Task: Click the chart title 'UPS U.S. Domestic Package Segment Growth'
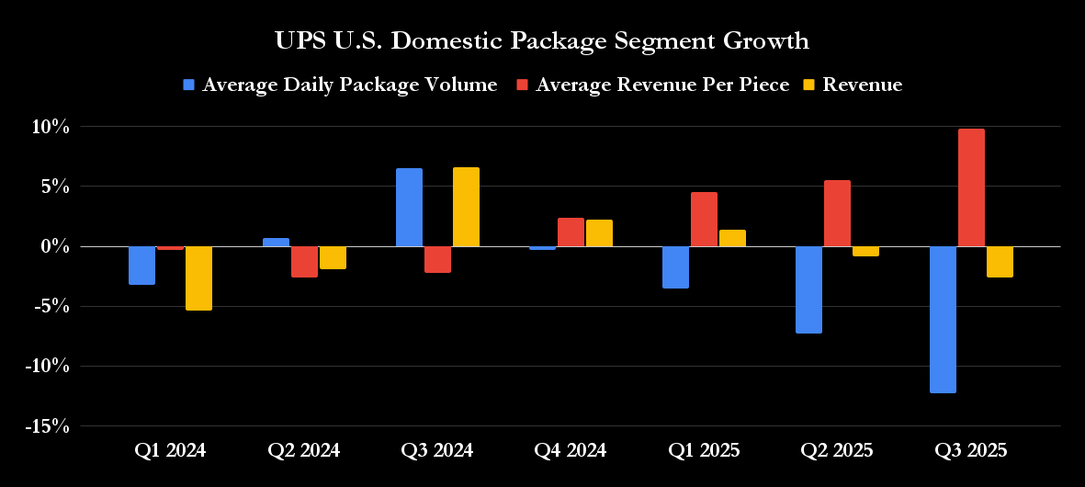click(x=542, y=41)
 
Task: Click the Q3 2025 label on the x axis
click(x=970, y=451)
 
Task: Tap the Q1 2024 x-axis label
click(x=170, y=451)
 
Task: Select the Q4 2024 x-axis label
click(x=571, y=451)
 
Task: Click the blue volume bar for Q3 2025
click(x=943, y=320)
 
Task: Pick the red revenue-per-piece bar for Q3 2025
click(x=971, y=187)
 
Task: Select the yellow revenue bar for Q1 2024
click(x=198, y=278)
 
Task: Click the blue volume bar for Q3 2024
click(x=409, y=208)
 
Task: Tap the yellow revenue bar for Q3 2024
click(x=466, y=207)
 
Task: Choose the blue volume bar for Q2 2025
click(x=808, y=289)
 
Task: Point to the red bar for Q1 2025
click(x=704, y=220)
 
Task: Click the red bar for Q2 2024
click(x=304, y=262)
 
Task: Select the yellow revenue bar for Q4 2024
click(x=599, y=233)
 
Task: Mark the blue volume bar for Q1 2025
click(x=675, y=267)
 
